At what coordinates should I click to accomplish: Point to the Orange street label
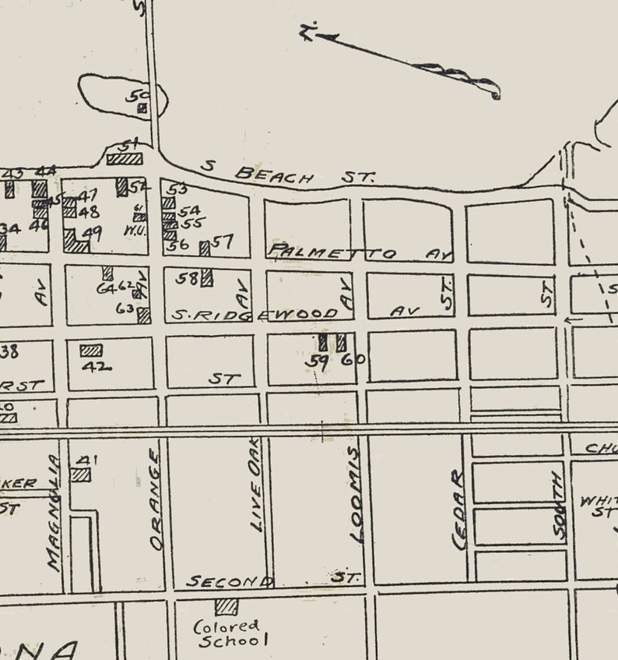click(x=155, y=499)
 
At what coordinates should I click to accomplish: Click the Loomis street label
click(x=356, y=495)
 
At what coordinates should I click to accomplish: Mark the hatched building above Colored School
click(x=226, y=605)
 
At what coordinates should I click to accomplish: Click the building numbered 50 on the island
click(x=142, y=108)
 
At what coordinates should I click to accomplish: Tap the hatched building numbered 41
click(x=80, y=474)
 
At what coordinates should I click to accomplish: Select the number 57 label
click(x=223, y=242)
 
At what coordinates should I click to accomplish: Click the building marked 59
click(x=323, y=342)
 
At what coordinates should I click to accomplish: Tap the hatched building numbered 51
click(x=125, y=158)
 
